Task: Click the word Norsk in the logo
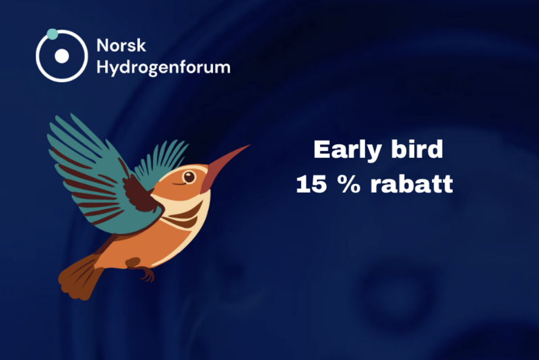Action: tap(121, 46)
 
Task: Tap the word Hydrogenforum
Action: tap(163, 67)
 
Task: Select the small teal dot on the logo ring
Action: tap(52, 33)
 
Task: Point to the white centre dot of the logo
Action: tap(62, 55)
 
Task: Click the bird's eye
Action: tap(189, 177)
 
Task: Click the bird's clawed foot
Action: tap(144, 274)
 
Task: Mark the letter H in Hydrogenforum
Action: tap(102, 67)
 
